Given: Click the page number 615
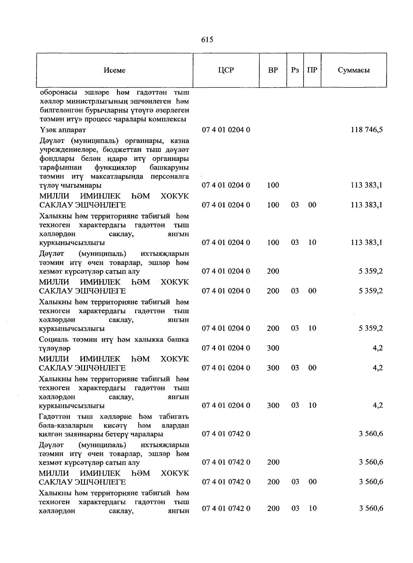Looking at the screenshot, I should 207,40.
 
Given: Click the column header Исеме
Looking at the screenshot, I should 115,70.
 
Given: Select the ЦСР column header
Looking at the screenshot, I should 226,70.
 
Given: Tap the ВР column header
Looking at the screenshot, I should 273,70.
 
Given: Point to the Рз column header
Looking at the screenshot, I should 295,70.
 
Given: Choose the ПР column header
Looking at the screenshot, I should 312,70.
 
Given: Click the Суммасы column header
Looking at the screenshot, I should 354,70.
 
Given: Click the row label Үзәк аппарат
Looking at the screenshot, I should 62,130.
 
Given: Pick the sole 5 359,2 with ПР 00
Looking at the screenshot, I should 371,291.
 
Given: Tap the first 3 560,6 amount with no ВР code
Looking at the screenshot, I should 371,433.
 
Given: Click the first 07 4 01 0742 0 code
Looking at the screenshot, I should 226,433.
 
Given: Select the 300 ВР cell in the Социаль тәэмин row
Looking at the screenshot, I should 273,348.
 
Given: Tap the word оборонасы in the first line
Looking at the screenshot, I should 59,93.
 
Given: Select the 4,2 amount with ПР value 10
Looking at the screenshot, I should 378,405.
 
